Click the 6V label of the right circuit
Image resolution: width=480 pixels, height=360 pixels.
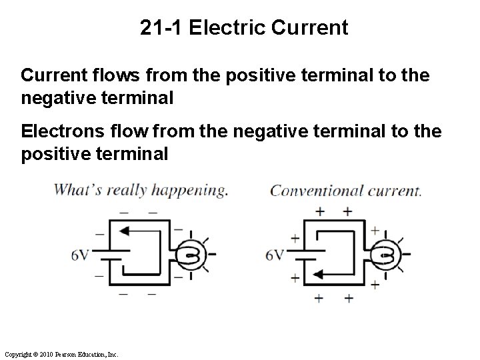click(274, 255)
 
